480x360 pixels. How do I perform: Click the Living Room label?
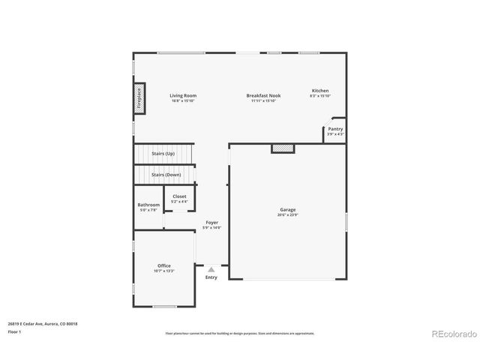(x=183, y=95)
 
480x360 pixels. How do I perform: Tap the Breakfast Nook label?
(x=263, y=95)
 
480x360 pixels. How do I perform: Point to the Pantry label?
(x=335, y=129)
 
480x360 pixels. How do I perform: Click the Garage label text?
(x=287, y=210)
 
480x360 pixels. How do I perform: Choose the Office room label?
(x=163, y=265)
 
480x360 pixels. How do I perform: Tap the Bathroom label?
(x=148, y=205)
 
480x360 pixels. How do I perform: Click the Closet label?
(x=180, y=196)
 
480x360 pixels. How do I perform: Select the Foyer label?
(x=212, y=223)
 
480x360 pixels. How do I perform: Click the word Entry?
(x=211, y=277)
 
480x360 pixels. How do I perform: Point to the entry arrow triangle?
(x=211, y=268)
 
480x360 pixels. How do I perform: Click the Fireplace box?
(x=139, y=99)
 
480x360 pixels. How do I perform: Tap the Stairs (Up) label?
(x=163, y=154)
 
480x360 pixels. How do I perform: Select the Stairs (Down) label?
(x=166, y=175)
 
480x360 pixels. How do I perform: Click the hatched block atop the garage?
(x=283, y=148)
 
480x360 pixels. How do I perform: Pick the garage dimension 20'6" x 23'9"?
(x=287, y=215)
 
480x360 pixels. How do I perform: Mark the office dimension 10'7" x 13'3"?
(x=163, y=271)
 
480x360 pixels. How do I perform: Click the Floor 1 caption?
(x=15, y=331)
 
